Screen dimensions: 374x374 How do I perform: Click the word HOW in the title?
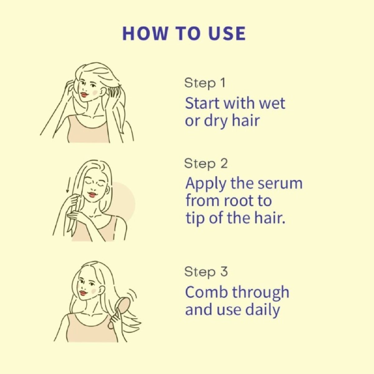coord(145,34)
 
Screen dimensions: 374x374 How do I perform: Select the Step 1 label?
coord(205,83)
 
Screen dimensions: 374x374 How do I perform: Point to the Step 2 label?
coord(206,164)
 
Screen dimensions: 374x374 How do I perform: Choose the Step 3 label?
coord(206,272)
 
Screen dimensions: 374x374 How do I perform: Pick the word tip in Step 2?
coord(194,219)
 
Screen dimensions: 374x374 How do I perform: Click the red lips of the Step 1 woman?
coord(85,95)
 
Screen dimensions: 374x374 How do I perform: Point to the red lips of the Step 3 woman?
coord(84,293)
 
